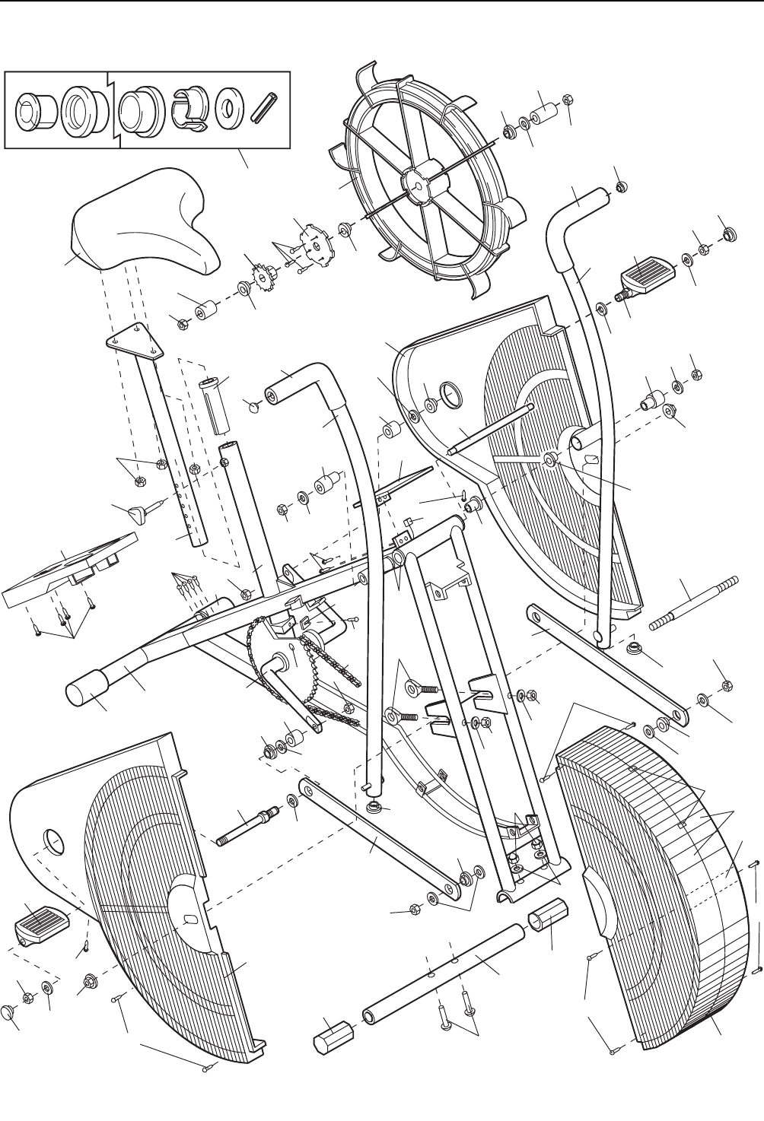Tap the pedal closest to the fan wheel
point(646,273)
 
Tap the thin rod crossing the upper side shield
point(487,431)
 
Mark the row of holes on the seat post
point(187,503)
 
